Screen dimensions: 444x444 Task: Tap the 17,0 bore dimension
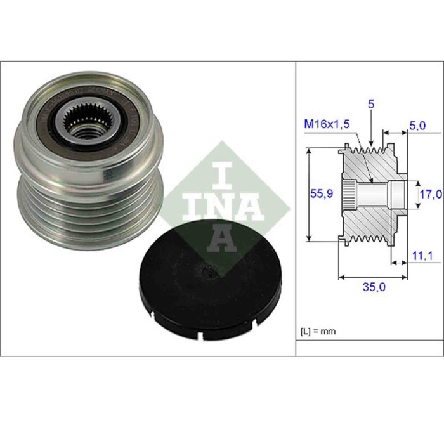(429, 194)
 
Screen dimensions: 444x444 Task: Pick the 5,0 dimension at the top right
(416, 126)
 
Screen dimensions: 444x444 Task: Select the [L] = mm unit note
(318, 331)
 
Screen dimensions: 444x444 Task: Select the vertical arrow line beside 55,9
(309, 194)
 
